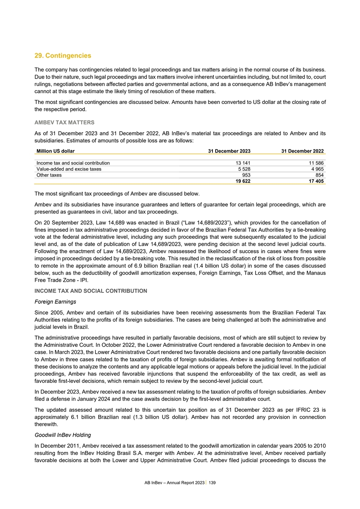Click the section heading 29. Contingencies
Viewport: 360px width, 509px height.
pyautogui.click(x=63, y=56)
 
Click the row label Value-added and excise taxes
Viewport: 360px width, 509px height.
pyautogui.click(x=69, y=169)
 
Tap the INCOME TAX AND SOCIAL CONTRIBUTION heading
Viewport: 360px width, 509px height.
pyautogui.click(x=91, y=291)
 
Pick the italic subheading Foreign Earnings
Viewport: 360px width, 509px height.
pyautogui.click(x=56, y=301)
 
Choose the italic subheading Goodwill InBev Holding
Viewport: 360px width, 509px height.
pyautogui.click(x=65, y=435)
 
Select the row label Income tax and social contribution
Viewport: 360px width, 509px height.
pyautogui.click(x=73, y=163)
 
